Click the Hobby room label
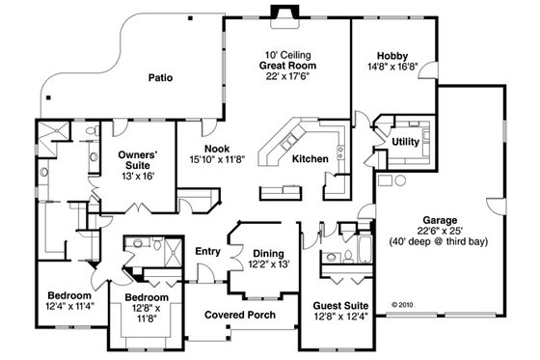tap(391, 55)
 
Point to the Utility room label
tap(405, 142)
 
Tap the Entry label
tap(208, 252)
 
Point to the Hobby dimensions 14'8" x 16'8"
tap(391, 68)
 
